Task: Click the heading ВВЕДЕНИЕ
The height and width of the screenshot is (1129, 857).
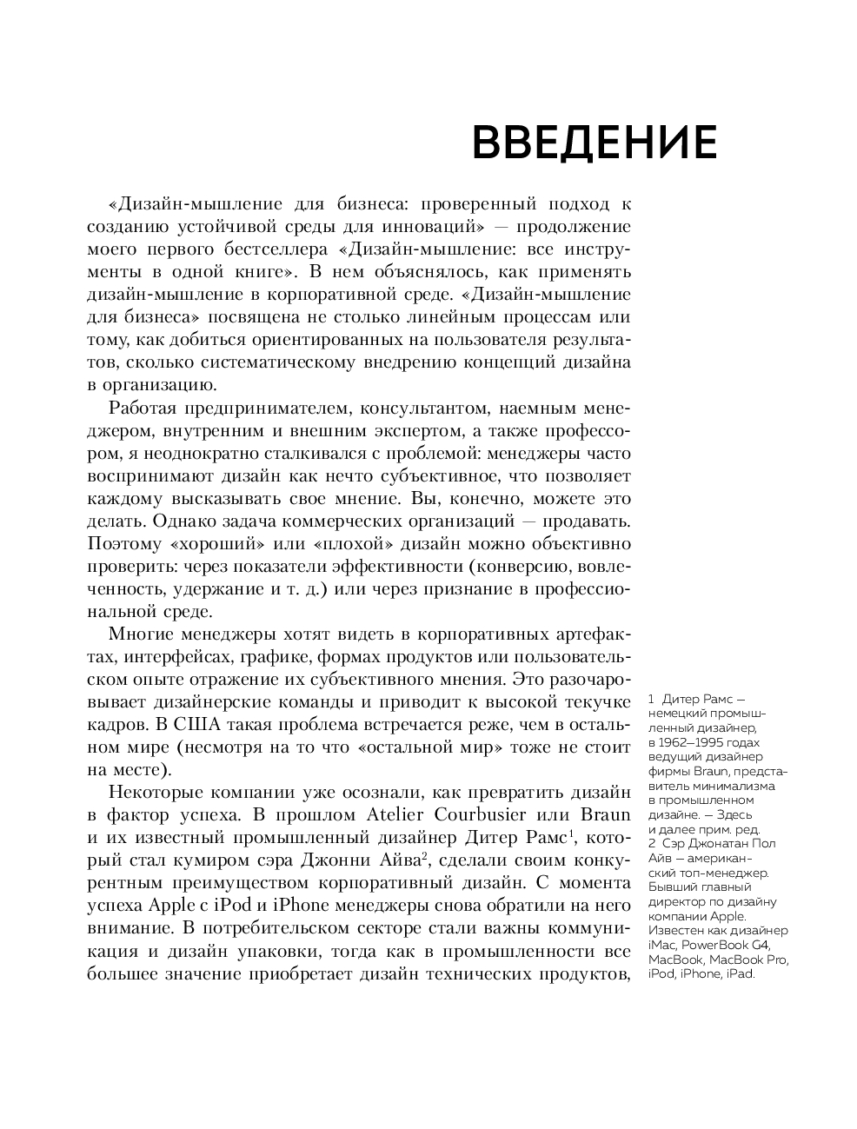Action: (594, 143)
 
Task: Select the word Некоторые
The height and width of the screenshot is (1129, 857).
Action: (155, 793)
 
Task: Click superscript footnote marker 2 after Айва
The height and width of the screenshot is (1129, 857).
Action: (424, 857)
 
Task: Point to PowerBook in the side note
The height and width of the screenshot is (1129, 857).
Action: (716, 945)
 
